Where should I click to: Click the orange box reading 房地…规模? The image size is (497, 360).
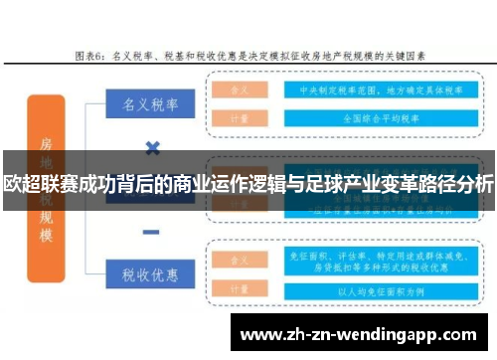[x=47, y=189]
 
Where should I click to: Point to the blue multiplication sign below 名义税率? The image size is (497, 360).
[x=152, y=147]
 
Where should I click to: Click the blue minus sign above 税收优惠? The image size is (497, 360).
[x=152, y=233]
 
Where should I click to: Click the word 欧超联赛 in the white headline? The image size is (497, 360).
[x=36, y=184]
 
